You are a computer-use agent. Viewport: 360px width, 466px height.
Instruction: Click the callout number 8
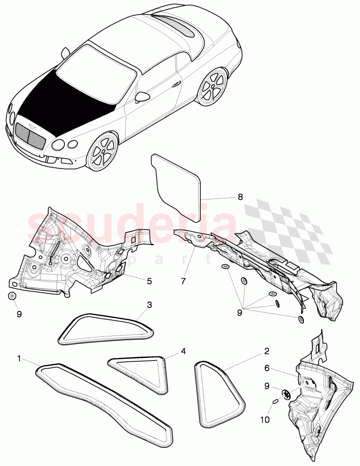(240, 197)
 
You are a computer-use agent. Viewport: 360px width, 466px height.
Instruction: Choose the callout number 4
(183, 351)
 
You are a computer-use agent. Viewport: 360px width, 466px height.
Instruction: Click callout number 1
(19, 358)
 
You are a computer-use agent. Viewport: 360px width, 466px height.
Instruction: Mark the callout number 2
(267, 351)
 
